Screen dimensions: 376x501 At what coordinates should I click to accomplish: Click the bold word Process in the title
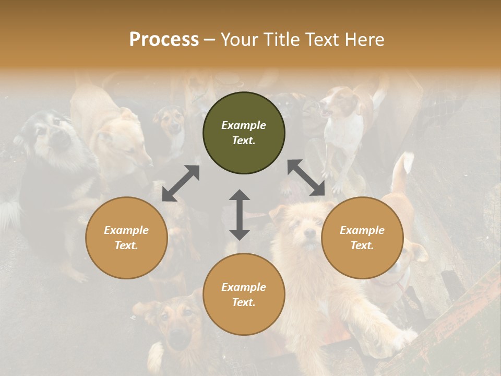click(x=164, y=40)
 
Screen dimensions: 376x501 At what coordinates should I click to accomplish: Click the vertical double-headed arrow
click(x=239, y=215)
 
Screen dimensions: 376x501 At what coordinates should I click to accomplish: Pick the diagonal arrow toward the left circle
click(x=181, y=183)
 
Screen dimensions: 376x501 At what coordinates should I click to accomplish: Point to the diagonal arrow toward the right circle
click(x=306, y=178)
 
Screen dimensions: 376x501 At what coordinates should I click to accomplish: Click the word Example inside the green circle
click(x=244, y=125)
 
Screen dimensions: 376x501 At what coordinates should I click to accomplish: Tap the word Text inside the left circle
click(x=126, y=245)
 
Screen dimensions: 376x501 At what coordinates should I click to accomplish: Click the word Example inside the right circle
click(x=362, y=230)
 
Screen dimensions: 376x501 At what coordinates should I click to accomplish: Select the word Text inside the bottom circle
click(x=244, y=302)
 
